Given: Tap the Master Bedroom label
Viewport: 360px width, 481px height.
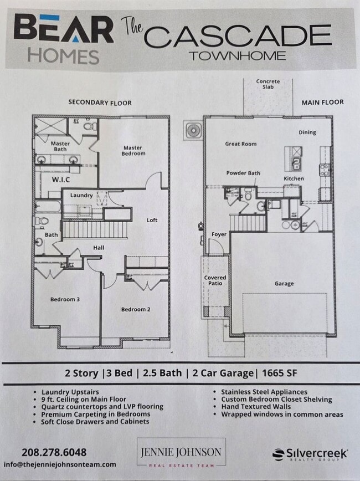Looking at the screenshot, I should click(x=133, y=151).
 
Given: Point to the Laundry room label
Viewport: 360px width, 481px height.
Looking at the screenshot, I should click(x=81, y=195).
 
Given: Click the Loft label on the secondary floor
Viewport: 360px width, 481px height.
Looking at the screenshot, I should click(x=152, y=220).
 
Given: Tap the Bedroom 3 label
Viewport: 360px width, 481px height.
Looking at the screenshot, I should click(x=65, y=299).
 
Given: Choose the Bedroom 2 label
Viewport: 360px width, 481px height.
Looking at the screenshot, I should click(x=136, y=309).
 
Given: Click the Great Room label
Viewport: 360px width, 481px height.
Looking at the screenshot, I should click(x=240, y=144).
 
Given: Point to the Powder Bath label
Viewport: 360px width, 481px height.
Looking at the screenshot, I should click(x=243, y=173).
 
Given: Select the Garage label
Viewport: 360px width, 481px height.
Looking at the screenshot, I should click(x=284, y=284).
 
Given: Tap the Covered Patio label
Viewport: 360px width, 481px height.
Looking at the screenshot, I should click(x=215, y=280).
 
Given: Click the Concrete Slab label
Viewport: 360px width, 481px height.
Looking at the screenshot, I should click(x=268, y=85).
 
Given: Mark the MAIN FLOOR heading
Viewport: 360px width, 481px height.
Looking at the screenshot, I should click(x=322, y=102).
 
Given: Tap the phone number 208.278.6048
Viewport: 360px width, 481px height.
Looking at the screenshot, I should click(x=54, y=452).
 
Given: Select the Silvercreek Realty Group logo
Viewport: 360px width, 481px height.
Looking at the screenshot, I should click(x=310, y=454).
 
